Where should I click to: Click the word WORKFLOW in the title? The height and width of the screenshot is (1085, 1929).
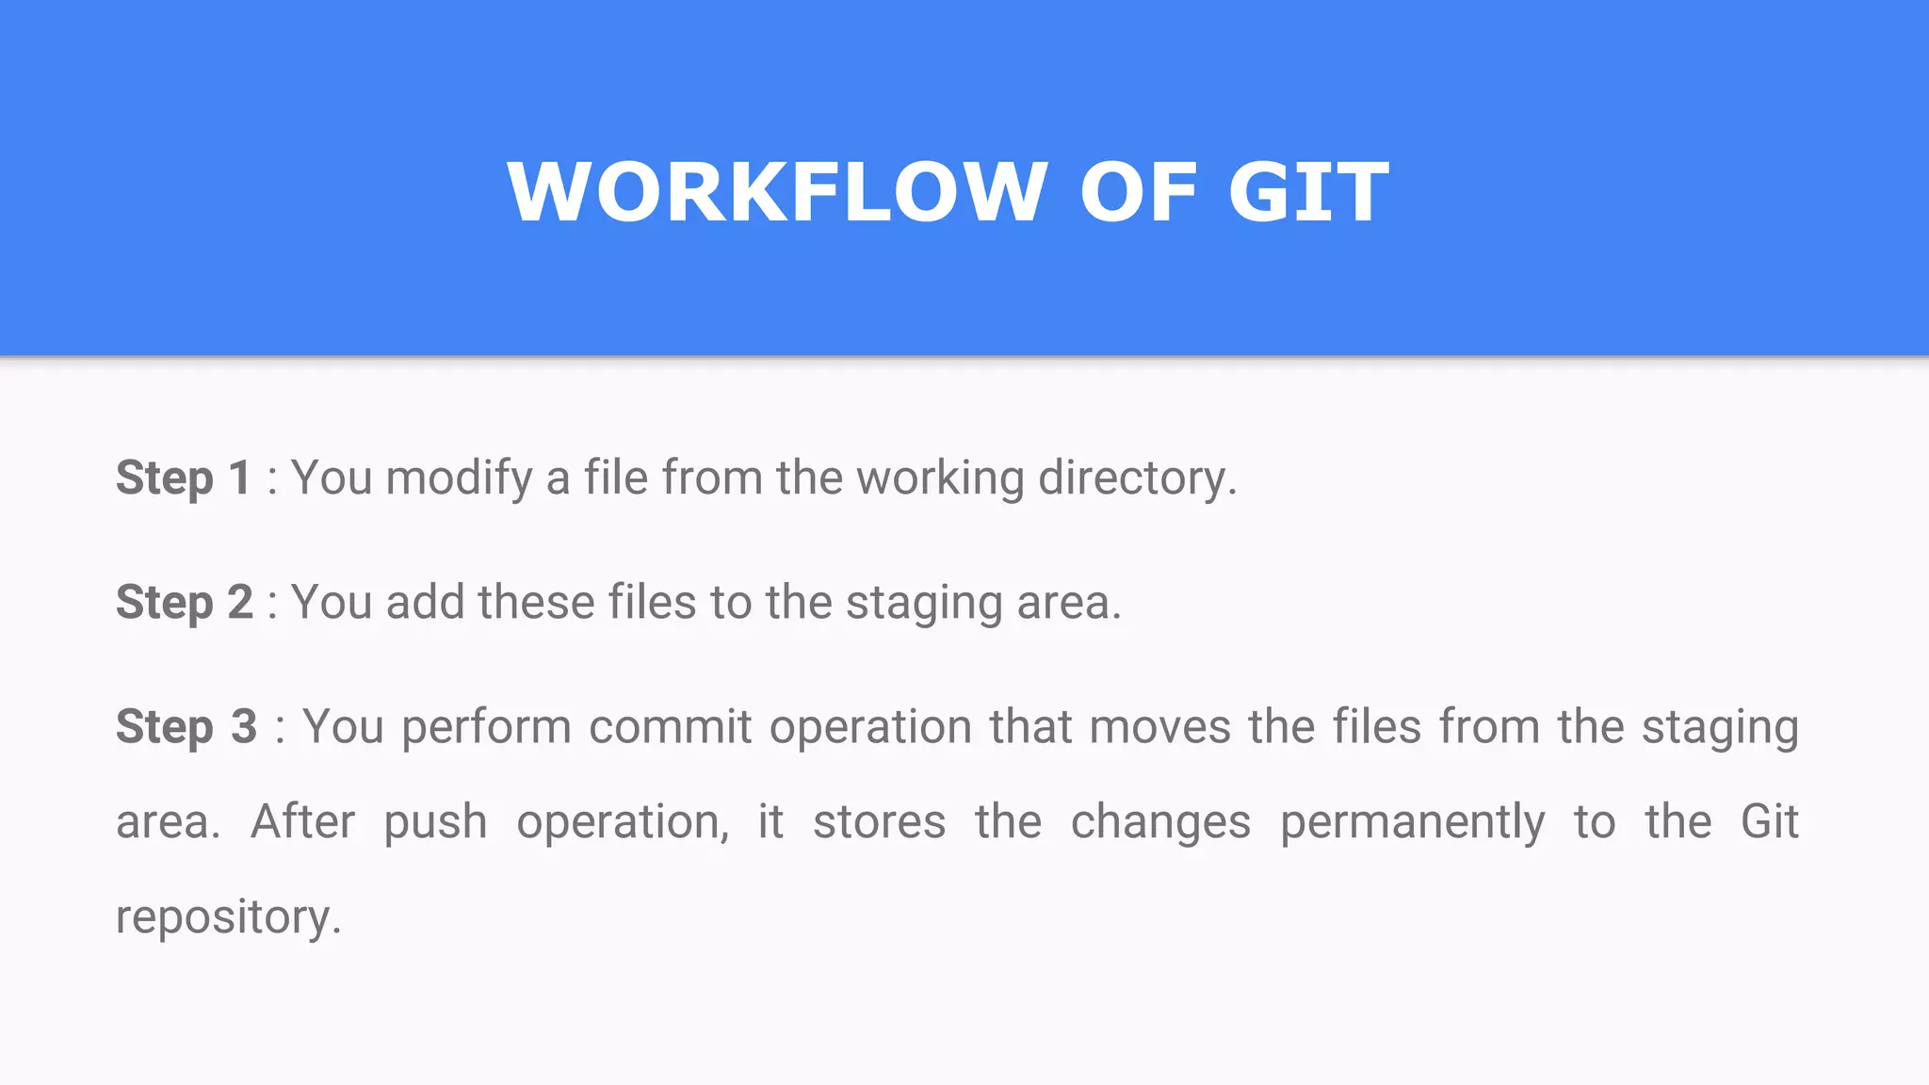pos(777,192)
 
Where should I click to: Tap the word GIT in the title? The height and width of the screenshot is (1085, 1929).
pos(1308,192)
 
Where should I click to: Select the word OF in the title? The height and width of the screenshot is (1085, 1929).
pos(1139,192)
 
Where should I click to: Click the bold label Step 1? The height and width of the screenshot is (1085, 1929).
pos(184,478)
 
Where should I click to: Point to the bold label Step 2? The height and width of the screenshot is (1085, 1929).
pos(185,602)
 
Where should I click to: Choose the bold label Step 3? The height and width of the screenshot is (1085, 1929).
pos(186,727)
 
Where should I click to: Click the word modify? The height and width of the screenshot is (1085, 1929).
pos(460,478)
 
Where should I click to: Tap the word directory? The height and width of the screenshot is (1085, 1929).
pos(1137,478)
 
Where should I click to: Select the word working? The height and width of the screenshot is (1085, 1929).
pos(940,478)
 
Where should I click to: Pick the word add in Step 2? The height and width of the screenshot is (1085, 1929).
pos(425,602)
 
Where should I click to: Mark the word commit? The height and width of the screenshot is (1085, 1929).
pos(671,727)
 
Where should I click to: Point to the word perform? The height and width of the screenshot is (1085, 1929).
pos(486,727)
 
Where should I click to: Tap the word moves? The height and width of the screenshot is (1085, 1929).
pos(1160,727)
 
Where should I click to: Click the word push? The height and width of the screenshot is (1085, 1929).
pos(435,822)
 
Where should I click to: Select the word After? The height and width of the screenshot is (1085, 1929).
pos(303,821)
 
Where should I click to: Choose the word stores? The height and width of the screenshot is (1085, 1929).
pos(880,821)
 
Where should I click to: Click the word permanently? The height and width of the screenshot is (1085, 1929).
pos(1412,822)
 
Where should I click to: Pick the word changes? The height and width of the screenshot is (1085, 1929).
pos(1160,822)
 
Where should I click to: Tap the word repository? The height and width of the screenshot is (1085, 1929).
pos(227,917)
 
